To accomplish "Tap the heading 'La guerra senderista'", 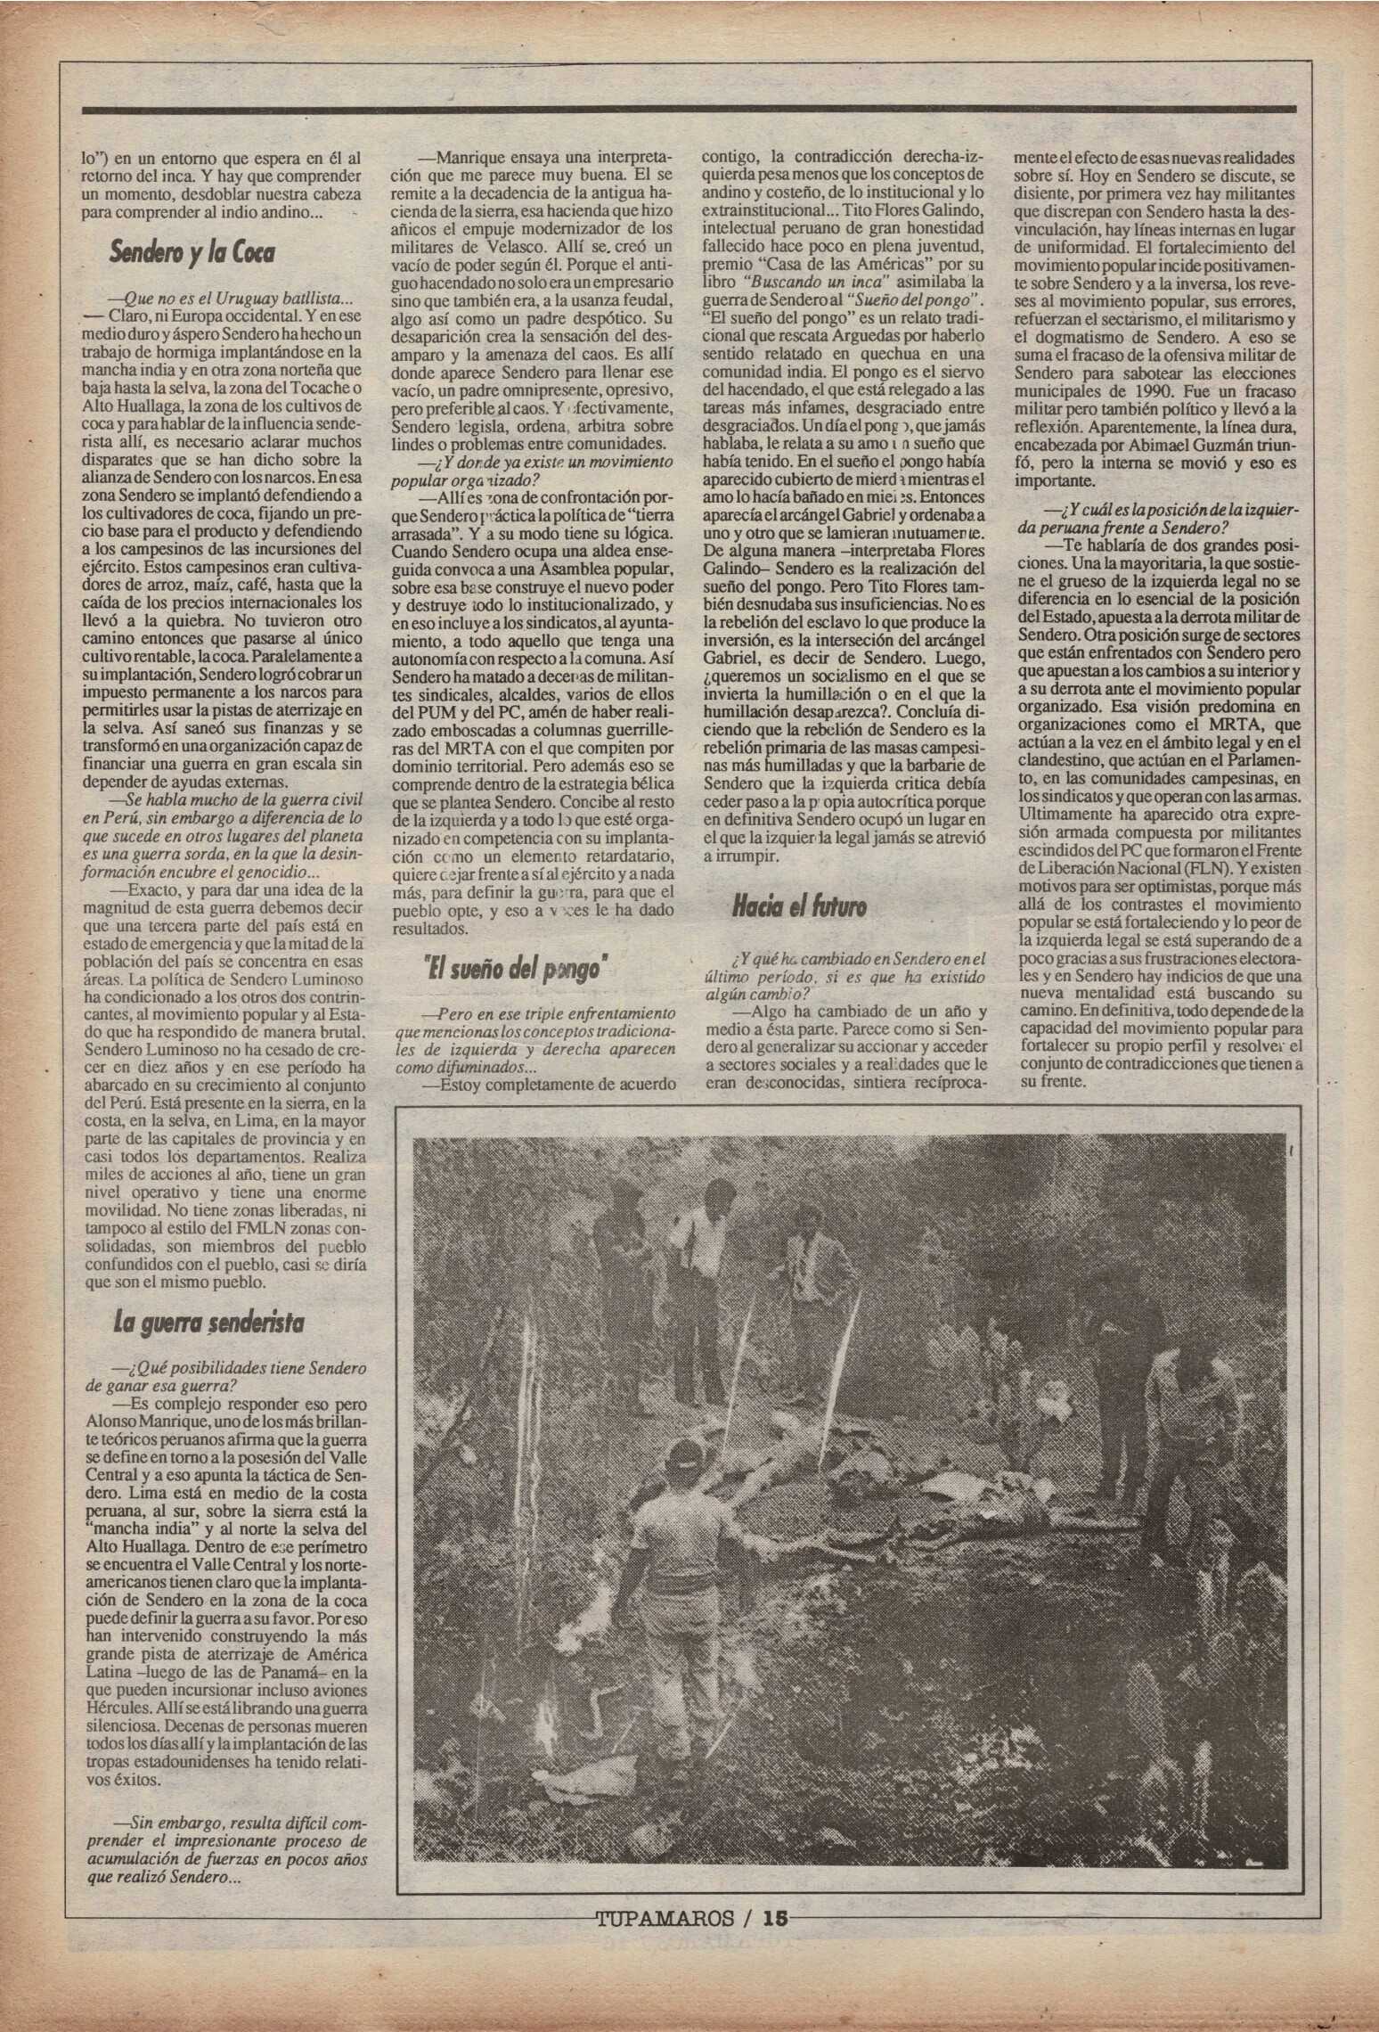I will click(x=208, y=1323).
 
